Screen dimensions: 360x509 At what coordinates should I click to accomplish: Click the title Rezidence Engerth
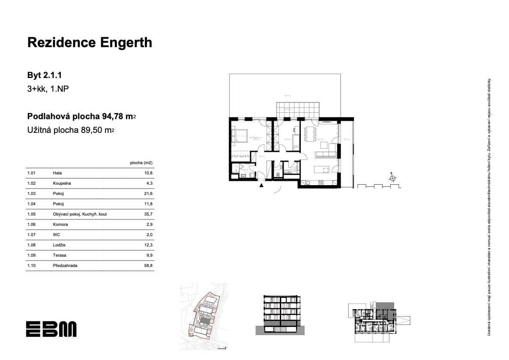(x=90, y=42)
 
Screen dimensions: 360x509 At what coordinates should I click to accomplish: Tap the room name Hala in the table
(x=57, y=173)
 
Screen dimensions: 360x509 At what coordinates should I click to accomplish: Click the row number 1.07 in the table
(x=31, y=235)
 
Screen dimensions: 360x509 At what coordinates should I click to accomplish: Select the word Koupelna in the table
(x=62, y=183)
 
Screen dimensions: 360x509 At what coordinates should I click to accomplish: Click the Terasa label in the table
(x=60, y=255)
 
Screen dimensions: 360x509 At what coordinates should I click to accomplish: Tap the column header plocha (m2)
(x=141, y=163)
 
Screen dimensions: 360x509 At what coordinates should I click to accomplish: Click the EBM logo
(x=51, y=329)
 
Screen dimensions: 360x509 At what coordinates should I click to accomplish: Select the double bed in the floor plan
(x=238, y=135)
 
